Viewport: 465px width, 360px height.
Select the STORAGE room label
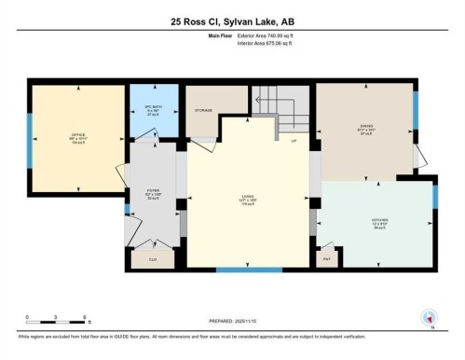click(x=202, y=111)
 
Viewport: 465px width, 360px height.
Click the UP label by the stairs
click(x=294, y=142)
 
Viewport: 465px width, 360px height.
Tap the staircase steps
click(x=280, y=103)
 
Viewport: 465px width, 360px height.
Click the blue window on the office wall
click(x=29, y=140)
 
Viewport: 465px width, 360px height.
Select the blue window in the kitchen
click(x=434, y=198)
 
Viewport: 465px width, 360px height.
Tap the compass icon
click(x=431, y=317)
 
